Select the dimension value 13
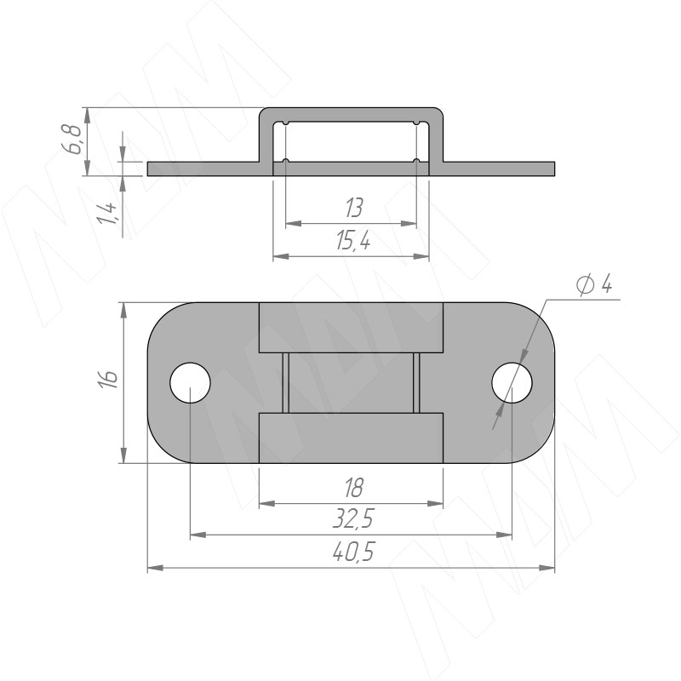(x=354, y=208)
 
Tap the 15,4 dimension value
(x=353, y=241)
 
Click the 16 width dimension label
(x=109, y=380)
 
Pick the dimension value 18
(x=354, y=488)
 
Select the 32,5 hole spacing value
(x=353, y=519)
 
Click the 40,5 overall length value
(x=353, y=552)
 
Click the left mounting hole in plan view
(x=190, y=382)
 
